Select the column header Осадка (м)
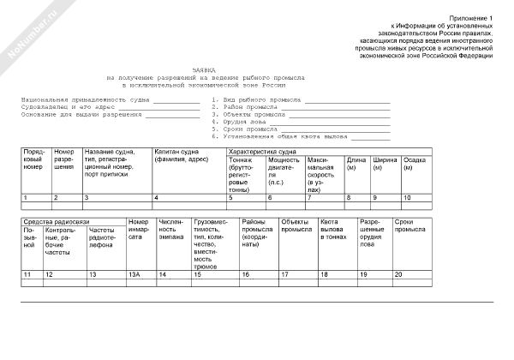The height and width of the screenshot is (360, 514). pyautogui.click(x=415, y=163)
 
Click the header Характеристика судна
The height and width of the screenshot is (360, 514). pyautogui.click(x=263, y=150)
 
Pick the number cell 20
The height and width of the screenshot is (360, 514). pyautogui.click(x=398, y=273)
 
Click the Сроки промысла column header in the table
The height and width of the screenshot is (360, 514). pyautogui.click(x=409, y=226)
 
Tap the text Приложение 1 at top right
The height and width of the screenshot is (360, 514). pyautogui.click(x=475, y=18)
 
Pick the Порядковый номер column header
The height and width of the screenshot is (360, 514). pyautogui.click(x=35, y=159)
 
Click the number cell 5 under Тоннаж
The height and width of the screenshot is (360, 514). pyautogui.click(x=230, y=198)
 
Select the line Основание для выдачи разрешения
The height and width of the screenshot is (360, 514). pyautogui.click(x=82, y=113)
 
